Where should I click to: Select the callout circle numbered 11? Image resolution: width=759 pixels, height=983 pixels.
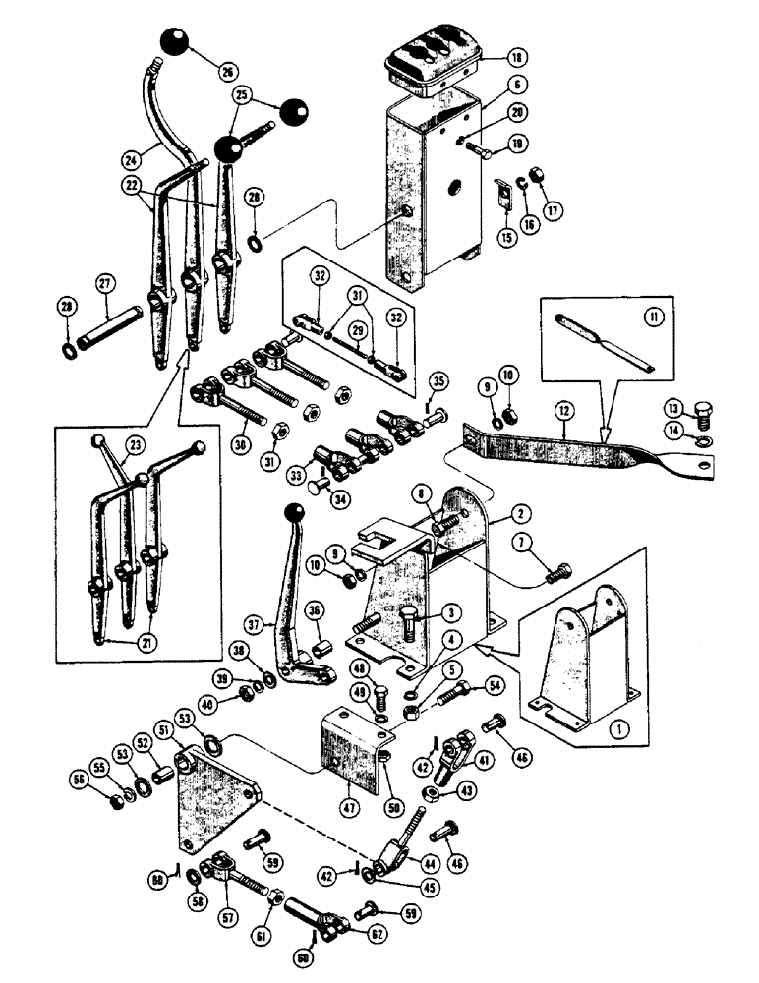[646, 318]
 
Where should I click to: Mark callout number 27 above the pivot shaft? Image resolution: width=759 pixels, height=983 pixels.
[104, 284]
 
